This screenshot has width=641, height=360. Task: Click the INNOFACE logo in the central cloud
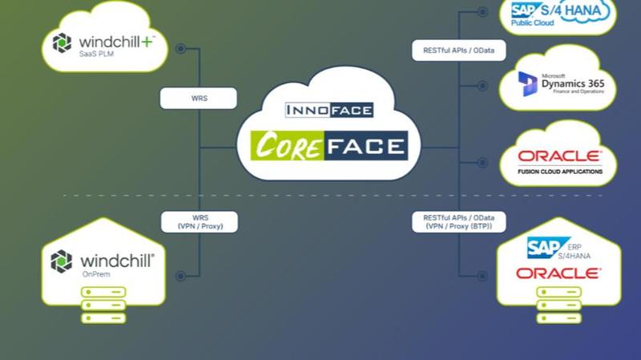click(x=329, y=110)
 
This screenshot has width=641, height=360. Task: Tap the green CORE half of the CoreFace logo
click(x=288, y=146)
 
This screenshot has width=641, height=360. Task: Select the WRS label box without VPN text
click(x=199, y=98)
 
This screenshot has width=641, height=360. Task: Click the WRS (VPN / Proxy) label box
click(x=200, y=222)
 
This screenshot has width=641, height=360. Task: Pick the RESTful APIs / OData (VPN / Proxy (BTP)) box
click(x=458, y=222)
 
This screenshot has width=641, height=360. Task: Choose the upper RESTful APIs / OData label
click(x=458, y=51)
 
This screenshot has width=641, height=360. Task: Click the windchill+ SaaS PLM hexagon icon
click(x=62, y=43)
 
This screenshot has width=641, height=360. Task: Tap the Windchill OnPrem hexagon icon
click(x=62, y=261)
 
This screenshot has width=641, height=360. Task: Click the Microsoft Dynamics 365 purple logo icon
click(x=527, y=84)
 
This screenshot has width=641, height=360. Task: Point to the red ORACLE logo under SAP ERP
click(x=558, y=273)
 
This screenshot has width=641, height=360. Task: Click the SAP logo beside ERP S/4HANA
click(x=546, y=248)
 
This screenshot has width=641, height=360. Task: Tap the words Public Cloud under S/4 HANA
click(x=532, y=23)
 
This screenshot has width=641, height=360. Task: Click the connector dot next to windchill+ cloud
click(x=181, y=49)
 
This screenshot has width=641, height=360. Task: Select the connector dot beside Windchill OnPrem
click(x=181, y=276)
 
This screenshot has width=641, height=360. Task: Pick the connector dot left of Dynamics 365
click(x=482, y=86)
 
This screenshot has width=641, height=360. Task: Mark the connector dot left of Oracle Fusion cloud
click(x=482, y=163)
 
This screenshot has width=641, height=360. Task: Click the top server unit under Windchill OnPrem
click(x=103, y=292)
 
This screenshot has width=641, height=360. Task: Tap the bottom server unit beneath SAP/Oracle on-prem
click(x=558, y=318)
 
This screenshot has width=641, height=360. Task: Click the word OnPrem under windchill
click(x=96, y=274)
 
